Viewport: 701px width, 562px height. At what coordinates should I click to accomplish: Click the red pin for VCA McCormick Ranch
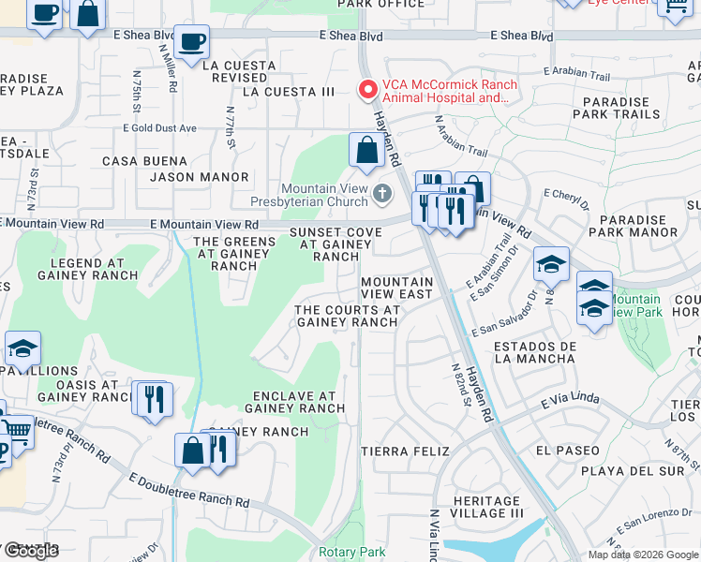[x=368, y=90]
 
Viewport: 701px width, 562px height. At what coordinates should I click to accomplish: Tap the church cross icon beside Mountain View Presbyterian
[x=381, y=194]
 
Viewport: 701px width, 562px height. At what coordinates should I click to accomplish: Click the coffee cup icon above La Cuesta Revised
[x=191, y=42]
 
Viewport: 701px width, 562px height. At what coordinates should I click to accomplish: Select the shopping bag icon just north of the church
[x=366, y=150]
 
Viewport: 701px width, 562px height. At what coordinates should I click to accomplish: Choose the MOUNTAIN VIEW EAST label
[x=397, y=288]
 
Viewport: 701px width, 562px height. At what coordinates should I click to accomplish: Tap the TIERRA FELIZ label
[x=398, y=451]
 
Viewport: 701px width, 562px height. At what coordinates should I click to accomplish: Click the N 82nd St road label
[x=459, y=385]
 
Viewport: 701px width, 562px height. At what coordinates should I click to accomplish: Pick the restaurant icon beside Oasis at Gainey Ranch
[x=151, y=398]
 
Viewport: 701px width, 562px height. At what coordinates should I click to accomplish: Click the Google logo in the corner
[x=30, y=551]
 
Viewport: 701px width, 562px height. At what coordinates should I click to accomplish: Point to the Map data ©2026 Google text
[x=642, y=555]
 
